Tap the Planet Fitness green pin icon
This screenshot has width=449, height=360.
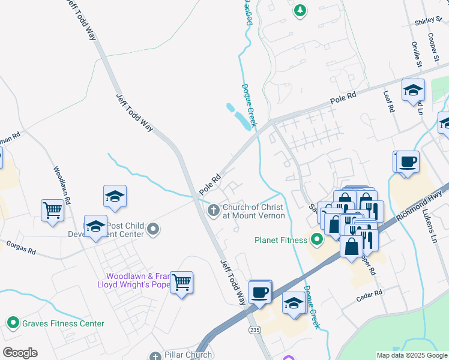point(316,240)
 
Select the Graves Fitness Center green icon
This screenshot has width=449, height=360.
point(13,323)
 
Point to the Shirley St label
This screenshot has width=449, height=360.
point(427,22)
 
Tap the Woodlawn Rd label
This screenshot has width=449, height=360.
point(62,185)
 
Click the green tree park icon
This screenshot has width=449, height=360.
point(300,10)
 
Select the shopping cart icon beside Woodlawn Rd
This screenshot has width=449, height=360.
point(53,210)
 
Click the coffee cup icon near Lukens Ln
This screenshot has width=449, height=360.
point(408,162)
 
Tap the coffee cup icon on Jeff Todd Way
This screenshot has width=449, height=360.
point(259,292)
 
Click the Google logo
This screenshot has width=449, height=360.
point(20,352)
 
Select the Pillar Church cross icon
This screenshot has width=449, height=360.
point(155,356)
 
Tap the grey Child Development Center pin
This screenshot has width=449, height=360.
point(153,229)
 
